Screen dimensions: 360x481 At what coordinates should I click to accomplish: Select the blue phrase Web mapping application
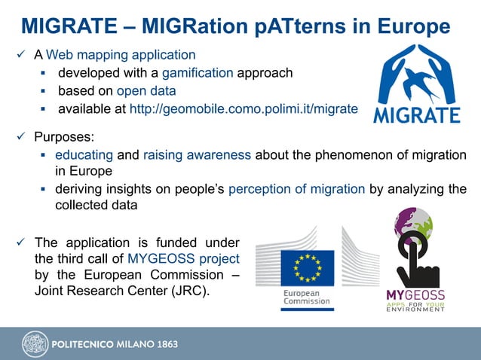click(x=121, y=55)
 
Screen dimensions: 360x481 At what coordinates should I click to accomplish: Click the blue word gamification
click(x=198, y=73)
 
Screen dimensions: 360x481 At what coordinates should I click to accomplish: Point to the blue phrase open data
click(x=146, y=91)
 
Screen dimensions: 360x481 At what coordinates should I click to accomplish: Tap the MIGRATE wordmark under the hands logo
click(x=417, y=115)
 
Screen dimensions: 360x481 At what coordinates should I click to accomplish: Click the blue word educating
click(x=85, y=156)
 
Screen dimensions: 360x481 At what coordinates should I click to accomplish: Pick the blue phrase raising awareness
click(x=197, y=156)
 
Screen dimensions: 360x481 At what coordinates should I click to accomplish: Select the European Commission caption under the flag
click(x=306, y=297)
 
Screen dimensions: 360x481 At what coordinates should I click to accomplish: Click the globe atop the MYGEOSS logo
click(x=413, y=223)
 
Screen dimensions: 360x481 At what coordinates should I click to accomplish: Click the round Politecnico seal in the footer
click(x=35, y=343)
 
